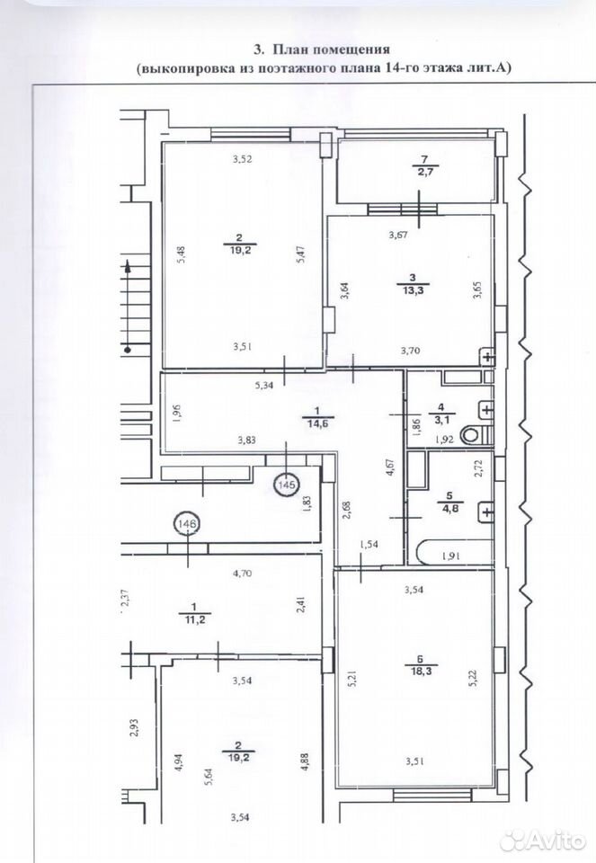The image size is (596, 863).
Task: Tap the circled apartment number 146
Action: [187, 524]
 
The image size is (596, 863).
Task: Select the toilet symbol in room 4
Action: [472, 435]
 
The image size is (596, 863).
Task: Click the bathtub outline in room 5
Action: [456, 553]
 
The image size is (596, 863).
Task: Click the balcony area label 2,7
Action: [423, 172]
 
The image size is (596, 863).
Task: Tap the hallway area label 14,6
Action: [311, 423]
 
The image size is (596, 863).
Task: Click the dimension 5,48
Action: [182, 254]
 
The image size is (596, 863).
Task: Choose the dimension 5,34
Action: [263, 386]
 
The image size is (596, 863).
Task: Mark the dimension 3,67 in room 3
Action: [397, 235]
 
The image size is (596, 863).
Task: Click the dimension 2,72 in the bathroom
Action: [477, 467]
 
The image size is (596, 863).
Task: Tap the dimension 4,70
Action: [242, 573]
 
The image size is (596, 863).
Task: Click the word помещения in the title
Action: [351, 49]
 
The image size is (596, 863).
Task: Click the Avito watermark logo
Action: [542, 840]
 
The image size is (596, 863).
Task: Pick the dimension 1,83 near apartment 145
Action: [307, 503]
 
